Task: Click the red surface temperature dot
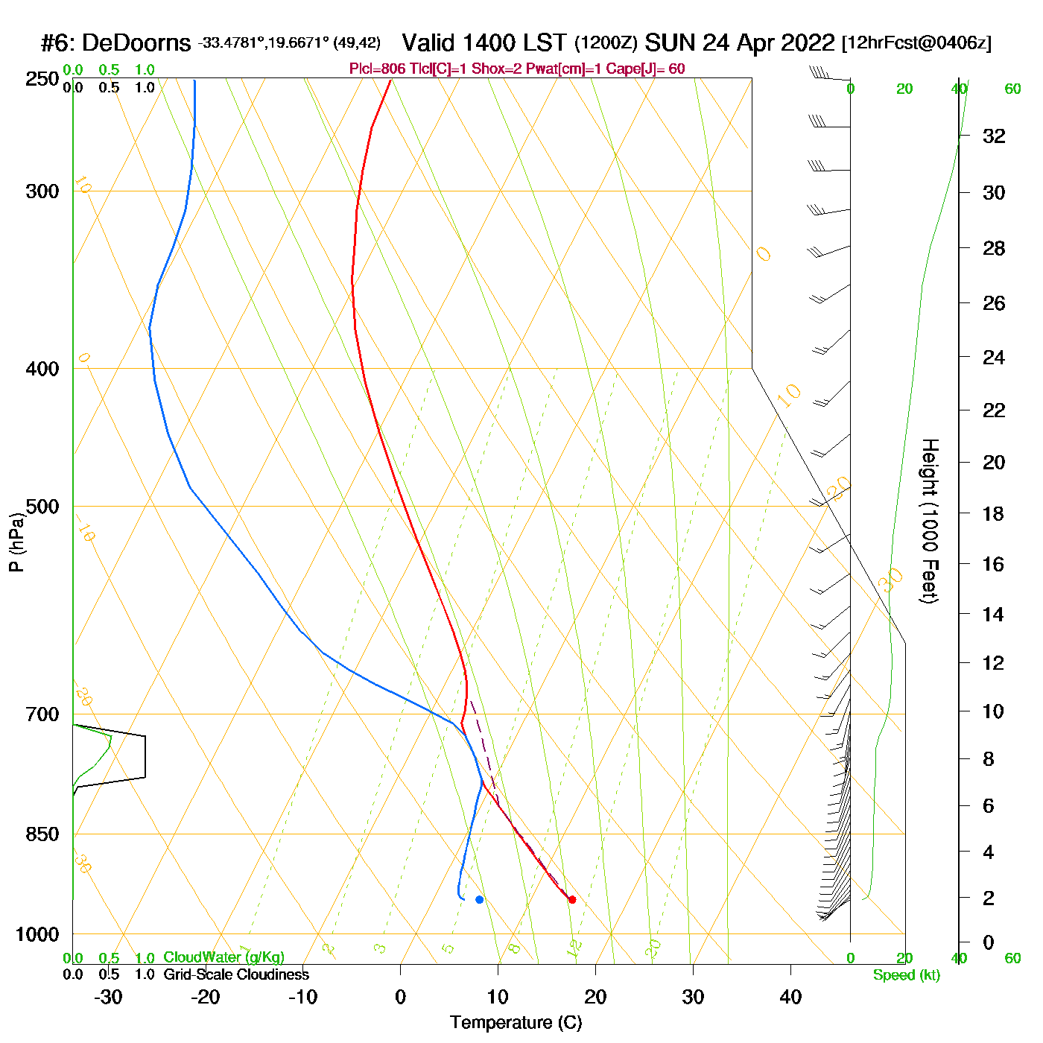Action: (x=572, y=899)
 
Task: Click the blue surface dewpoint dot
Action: (x=479, y=899)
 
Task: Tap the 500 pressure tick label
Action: (x=42, y=507)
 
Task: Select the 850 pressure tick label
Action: (x=42, y=834)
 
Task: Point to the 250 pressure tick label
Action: (x=42, y=79)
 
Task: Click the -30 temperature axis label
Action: (x=108, y=997)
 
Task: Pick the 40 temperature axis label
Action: (x=790, y=997)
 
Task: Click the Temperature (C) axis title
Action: (x=516, y=1023)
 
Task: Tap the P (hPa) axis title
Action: (x=16, y=542)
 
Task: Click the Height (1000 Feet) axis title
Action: (x=930, y=521)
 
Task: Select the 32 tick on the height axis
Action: (x=994, y=136)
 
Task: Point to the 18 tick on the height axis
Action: (x=993, y=513)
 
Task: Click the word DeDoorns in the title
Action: (x=136, y=43)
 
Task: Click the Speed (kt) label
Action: (x=907, y=975)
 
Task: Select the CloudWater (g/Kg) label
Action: (x=223, y=957)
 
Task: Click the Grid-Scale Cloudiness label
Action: (x=236, y=974)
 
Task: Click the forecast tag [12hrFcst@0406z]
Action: (x=916, y=43)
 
